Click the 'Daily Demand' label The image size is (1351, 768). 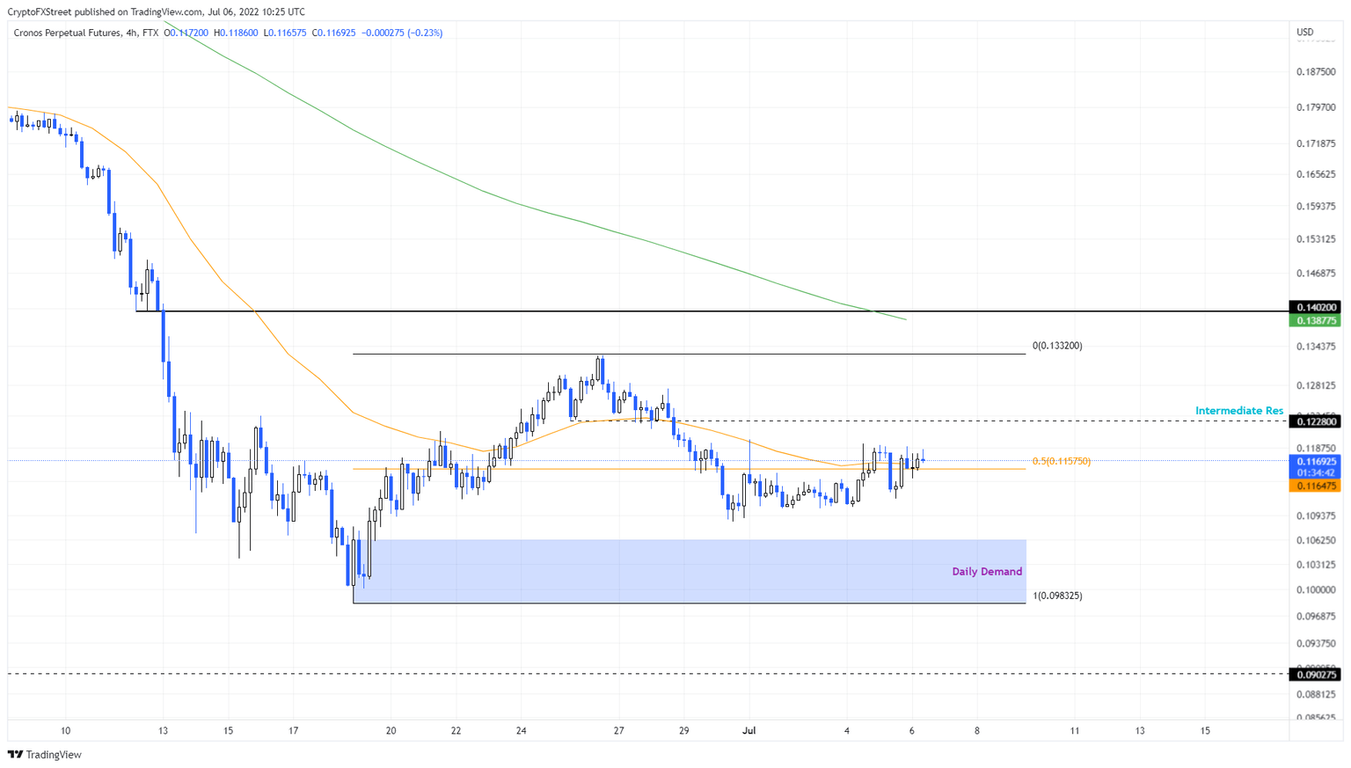(x=987, y=572)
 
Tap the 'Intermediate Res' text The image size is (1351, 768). (x=1238, y=411)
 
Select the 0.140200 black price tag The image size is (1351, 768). (x=1315, y=307)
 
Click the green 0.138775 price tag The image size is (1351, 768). (x=1315, y=321)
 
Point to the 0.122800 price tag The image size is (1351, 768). (x=1315, y=422)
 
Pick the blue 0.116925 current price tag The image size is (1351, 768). (x=1315, y=461)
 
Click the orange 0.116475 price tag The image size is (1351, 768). (x=1315, y=486)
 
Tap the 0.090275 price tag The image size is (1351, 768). (x=1315, y=675)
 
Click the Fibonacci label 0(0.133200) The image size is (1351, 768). (x=1057, y=346)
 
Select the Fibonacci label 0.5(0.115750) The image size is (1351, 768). (x=1061, y=461)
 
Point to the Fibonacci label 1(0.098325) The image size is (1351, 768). (x=1057, y=596)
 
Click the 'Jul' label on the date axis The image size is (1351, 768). (x=749, y=730)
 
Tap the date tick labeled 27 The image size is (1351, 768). (x=619, y=730)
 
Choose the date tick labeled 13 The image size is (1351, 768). (x=163, y=730)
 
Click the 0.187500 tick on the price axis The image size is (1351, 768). (x=1316, y=72)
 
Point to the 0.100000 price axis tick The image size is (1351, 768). (x=1316, y=590)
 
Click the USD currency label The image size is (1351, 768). (x=1305, y=33)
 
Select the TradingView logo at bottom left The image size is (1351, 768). (x=45, y=755)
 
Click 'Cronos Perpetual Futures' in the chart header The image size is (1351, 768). (x=67, y=33)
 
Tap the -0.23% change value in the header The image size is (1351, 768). (x=425, y=33)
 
